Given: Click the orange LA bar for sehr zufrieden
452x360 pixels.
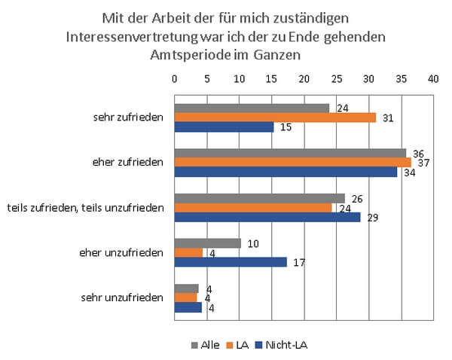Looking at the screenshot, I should [x=275, y=117].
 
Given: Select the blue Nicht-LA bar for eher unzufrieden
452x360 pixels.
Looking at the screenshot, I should [x=231, y=262].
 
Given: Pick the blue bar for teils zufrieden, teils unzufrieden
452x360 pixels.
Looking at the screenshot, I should [x=267, y=217].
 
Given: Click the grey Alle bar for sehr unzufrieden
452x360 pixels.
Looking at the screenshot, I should [x=186, y=288].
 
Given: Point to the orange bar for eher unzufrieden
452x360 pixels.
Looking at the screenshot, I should [x=188, y=252].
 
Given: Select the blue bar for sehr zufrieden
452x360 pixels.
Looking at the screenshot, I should [x=224, y=127].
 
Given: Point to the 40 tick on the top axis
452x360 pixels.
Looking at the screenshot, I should [x=432, y=78].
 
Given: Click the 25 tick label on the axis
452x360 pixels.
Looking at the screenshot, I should [x=336, y=78].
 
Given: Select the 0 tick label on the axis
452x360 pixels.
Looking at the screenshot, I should [x=175, y=78].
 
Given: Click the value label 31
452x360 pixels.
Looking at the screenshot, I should [x=388, y=117].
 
